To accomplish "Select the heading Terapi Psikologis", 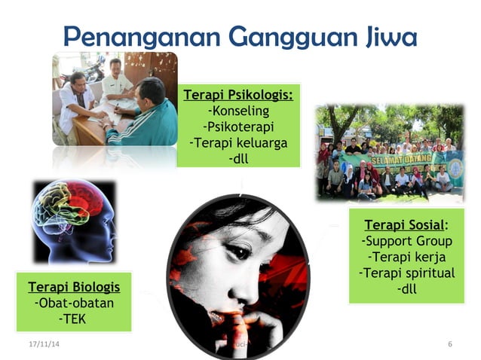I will pyautogui.click(x=238, y=96).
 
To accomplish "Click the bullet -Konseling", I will pyautogui.click(x=238, y=111).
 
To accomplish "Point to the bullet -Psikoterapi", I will pyautogui.click(x=238, y=127).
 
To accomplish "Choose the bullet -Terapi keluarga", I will pyautogui.click(x=238, y=143).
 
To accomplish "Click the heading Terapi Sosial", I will pyautogui.click(x=406, y=225).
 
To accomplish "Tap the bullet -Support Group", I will pyautogui.click(x=406, y=241).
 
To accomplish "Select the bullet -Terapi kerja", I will pyautogui.click(x=406, y=257).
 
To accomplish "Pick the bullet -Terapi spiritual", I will pyautogui.click(x=406, y=273).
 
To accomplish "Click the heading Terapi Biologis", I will pyautogui.click(x=74, y=287).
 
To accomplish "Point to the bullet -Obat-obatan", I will pyautogui.click(x=74, y=303).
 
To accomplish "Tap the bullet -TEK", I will pyautogui.click(x=74, y=319).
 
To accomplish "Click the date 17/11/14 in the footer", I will pyautogui.click(x=43, y=344).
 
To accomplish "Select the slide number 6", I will pyautogui.click(x=449, y=344).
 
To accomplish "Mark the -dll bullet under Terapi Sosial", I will pyautogui.click(x=406, y=288).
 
